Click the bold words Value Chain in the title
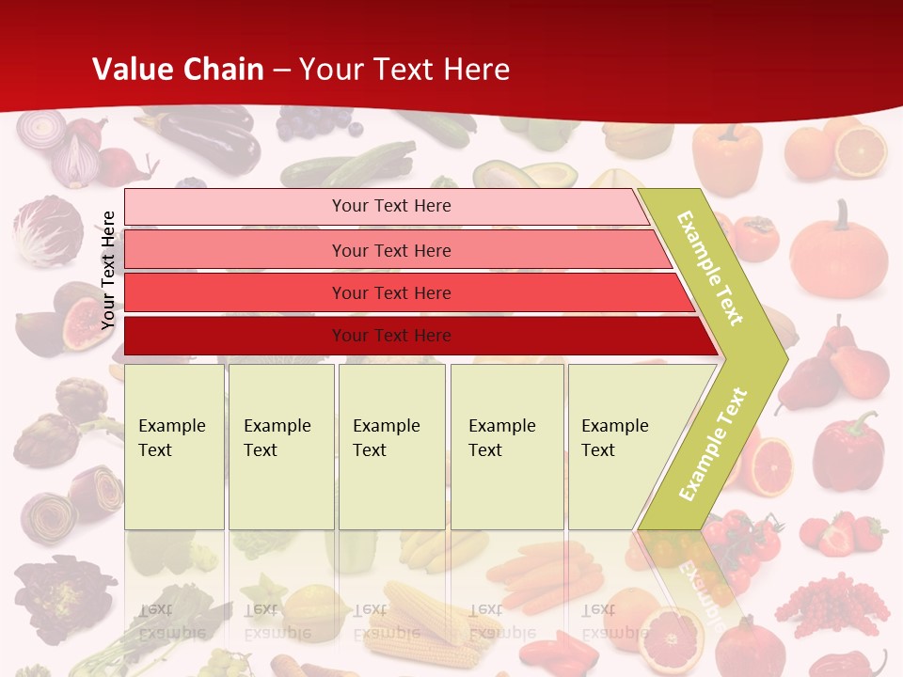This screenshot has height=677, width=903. [x=178, y=70]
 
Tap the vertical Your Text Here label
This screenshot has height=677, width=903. [x=108, y=270]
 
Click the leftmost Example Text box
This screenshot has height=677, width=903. [x=174, y=446]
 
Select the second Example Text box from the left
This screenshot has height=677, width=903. [x=280, y=446]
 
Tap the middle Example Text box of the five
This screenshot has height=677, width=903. [x=391, y=446]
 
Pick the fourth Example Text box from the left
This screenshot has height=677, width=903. [x=507, y=446]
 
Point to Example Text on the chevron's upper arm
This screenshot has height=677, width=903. [x=710, y=268]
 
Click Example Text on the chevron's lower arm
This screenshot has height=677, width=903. [x=713, y=444]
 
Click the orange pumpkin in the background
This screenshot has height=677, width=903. [x=838, y=252]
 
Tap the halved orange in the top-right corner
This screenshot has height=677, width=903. [x=861, y=150]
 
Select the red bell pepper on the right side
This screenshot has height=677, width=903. [x=848, y=450]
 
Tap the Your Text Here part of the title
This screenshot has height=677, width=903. [x=404, y=70]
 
